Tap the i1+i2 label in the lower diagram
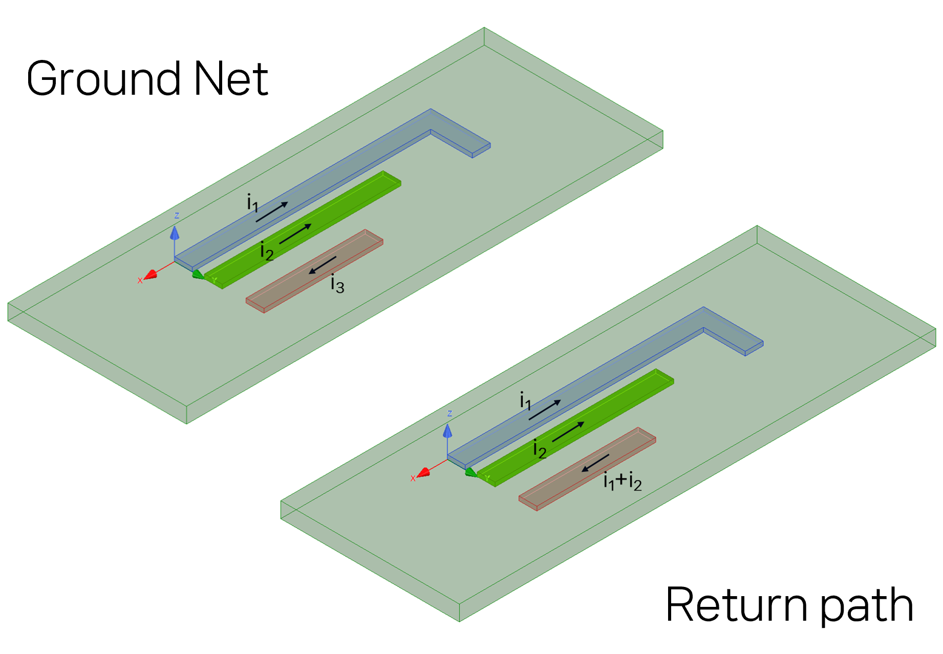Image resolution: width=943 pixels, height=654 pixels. click(622, 481)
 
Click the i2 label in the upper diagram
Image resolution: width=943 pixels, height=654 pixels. click(267, 251)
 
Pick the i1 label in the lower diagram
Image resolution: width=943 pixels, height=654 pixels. click(525, 401)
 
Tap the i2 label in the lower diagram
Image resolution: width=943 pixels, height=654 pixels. click(540, 449)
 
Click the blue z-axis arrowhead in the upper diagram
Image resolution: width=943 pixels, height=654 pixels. click(175, 233)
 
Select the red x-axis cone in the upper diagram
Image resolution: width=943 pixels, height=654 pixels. click(151, 276)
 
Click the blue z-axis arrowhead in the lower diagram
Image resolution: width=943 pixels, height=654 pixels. click(448, 431)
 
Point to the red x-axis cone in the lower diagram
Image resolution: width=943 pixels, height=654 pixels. click(423, 473)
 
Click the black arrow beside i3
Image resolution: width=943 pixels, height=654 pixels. click(322, 265)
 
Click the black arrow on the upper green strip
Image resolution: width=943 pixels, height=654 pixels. click(295, 234)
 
